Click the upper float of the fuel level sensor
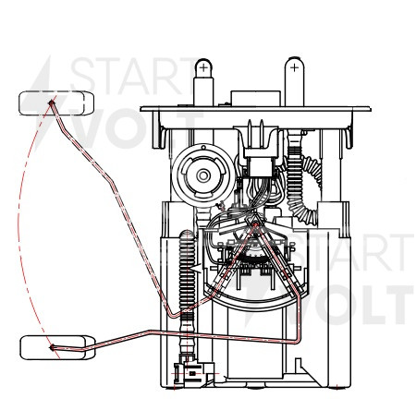tap(56, 103)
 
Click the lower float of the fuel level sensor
tap(57, 347)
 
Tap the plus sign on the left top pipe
tap(203, 67)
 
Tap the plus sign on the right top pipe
tap(294, 67)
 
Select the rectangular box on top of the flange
tap(255, 99)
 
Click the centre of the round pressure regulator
tap(203, 175)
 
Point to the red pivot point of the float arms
tap(255, 225)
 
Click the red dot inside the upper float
tap(52, 102)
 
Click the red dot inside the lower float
tap(52, 347)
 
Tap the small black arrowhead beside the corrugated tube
tap(196, 268)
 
